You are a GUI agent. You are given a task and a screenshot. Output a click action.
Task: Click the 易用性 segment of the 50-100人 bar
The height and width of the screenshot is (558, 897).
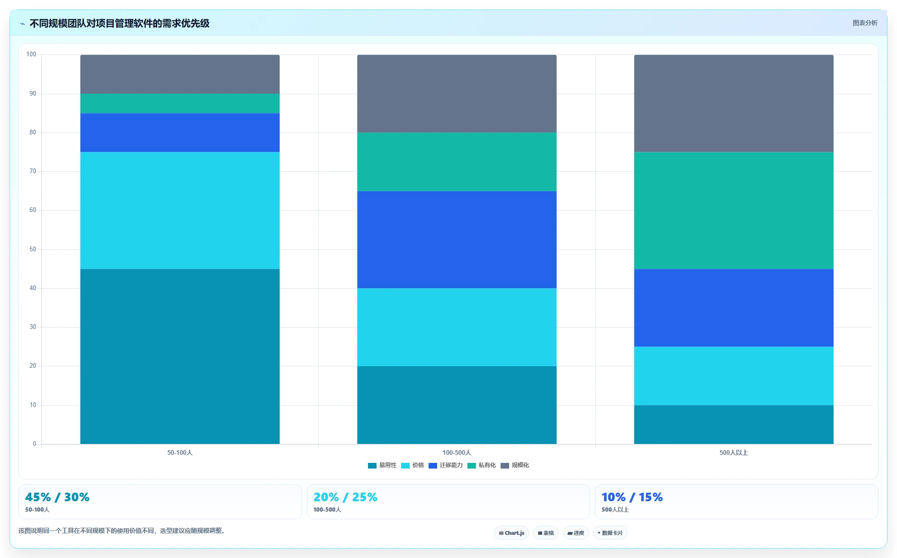click(180, 356)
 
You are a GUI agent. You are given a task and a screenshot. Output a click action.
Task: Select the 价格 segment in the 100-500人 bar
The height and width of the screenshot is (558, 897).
click(457, 327)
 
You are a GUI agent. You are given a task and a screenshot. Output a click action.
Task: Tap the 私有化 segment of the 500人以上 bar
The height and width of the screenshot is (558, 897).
click(734, 211)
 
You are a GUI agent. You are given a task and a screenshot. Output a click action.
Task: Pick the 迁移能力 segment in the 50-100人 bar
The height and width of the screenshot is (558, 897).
click(180, 133)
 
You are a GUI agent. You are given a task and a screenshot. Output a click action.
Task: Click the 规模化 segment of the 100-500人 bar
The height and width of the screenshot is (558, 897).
click(457, 94)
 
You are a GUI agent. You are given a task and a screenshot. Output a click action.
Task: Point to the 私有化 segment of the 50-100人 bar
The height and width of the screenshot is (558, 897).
click(180, 103)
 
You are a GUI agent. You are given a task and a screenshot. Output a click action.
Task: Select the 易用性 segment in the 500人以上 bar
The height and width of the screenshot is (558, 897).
click(734, 425)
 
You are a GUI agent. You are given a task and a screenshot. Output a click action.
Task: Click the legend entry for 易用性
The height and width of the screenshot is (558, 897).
click(382, 465)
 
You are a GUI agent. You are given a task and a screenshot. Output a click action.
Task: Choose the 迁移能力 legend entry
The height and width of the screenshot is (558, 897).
click(446, 465)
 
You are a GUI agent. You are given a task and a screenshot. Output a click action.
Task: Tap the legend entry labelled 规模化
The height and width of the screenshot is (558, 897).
click(515, 465)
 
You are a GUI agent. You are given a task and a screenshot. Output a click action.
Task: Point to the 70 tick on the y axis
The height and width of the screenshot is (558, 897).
click(33, 171)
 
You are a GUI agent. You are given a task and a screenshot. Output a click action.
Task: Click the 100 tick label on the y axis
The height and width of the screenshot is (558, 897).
click(31, 54)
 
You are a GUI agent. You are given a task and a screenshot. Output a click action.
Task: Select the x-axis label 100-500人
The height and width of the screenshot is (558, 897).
click(457, 453)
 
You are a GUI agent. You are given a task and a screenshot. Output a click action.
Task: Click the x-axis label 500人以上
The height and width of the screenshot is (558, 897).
click(734, 453)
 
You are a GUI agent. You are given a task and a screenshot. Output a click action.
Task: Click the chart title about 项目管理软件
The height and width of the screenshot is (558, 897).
click(119, 23)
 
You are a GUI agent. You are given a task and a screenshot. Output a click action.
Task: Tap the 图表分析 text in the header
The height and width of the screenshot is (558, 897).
click(865, 23)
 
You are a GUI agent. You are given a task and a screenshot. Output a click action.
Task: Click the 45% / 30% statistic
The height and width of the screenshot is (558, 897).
click(57, 497)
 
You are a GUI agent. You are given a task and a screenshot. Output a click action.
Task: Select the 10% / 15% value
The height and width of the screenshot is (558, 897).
click(632, 497)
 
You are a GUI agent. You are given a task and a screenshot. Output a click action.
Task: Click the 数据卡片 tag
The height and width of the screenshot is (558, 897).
click(610, 533)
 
